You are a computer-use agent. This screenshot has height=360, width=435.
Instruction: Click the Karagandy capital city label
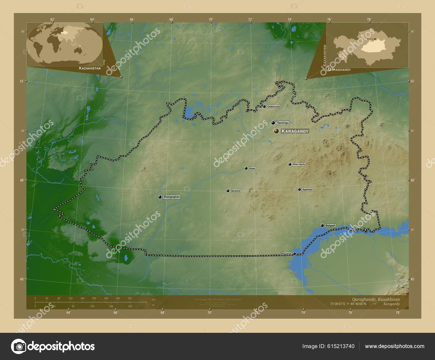tap(295, 131)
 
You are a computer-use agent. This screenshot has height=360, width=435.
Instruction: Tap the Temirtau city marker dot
tap(273, 123)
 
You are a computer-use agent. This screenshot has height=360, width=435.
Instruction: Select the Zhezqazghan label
tap(171, 197)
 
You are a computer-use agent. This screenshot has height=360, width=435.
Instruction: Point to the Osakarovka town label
tap(273, 107)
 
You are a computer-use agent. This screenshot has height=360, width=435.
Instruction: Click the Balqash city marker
tap(322, 225)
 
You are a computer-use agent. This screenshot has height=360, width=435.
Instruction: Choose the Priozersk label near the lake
tap(286, 254)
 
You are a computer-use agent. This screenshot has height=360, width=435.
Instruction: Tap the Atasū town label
tap(252, 168)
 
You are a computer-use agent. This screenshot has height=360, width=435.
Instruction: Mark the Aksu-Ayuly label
tap(299, 164)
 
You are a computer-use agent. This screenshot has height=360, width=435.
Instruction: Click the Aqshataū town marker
tap(299, 190)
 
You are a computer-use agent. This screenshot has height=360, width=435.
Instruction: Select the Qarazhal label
tap(235, 191)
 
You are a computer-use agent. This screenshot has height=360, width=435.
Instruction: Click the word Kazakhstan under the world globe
tap(90, 68)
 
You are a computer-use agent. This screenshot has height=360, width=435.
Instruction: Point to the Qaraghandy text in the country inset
tap(339, 70)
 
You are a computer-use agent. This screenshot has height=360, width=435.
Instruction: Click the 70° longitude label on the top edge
tap(211, 19)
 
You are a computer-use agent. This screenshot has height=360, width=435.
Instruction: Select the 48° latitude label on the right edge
tap(412, 180)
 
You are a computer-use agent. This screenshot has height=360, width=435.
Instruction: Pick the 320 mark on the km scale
tap(130, 298)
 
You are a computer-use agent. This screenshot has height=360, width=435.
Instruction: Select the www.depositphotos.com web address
tap(394, 346)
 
